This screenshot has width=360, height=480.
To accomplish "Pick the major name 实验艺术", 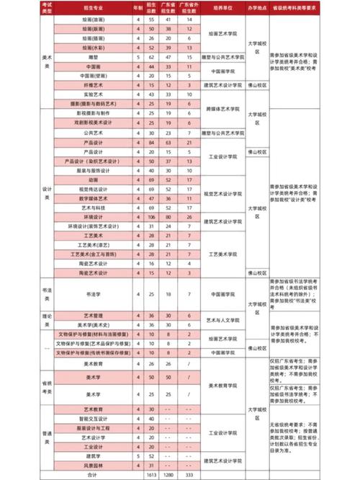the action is pos(94,94).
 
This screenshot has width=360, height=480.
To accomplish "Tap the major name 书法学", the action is pos(94,294).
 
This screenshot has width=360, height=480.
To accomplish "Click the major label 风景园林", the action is pos(94,466).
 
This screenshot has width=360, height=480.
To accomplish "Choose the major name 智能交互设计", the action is pos(94,418).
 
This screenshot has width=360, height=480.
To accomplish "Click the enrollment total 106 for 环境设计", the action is pos(152,216).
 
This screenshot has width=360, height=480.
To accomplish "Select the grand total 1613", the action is pos(152,475).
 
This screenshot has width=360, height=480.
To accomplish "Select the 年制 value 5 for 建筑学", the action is pos(138,456).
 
